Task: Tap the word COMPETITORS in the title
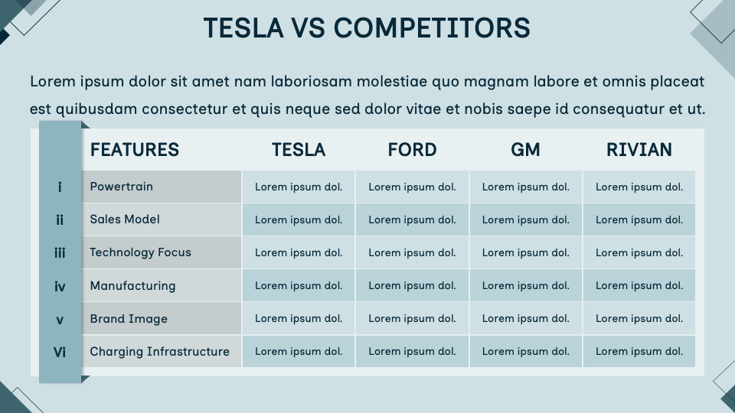431,28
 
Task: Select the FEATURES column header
135,150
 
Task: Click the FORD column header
412,150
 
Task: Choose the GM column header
525,150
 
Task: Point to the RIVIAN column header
639,150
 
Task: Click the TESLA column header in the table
299,150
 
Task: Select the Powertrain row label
122,187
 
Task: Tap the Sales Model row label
125,220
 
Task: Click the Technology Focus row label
140,252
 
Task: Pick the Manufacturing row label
132,286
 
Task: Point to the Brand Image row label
129,319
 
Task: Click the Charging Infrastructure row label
159,352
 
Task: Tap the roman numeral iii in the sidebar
60,253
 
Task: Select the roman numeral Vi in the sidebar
60,353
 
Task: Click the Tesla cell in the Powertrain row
299,187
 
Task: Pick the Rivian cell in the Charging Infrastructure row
639,352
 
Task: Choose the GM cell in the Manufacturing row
526,286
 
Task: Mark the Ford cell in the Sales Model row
412,220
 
